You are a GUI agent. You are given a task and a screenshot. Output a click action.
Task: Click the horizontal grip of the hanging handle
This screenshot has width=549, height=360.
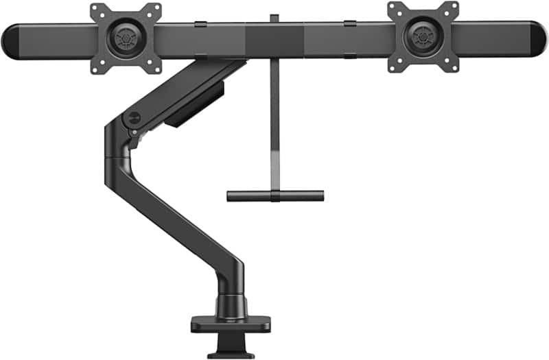[x=275, y=195]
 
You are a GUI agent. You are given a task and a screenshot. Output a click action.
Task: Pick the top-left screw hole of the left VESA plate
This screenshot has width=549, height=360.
[x=97, y=10]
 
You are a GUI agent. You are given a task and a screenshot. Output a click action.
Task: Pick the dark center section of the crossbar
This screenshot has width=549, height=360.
[x=274, y=41]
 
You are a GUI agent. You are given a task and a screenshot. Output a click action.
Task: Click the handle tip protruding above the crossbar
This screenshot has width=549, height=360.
[x=274, y=18]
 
